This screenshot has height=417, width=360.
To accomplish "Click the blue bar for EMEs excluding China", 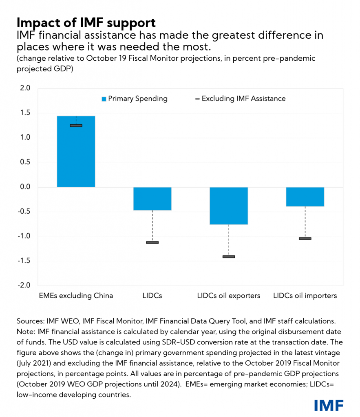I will click(76, 151).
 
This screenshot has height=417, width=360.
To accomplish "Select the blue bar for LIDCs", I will click(152, 199).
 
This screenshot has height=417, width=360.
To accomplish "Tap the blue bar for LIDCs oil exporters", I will click(228, 206).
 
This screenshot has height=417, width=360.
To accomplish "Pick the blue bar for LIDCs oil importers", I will click(305, 197).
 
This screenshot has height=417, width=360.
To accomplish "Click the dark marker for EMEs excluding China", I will click(76, 125).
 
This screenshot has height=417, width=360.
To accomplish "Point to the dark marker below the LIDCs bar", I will click(152, 242).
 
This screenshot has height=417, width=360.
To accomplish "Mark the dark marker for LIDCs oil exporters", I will click(228, 257).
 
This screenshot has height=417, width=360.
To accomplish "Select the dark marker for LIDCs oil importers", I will click(305, 238).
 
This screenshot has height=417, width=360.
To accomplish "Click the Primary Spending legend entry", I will click(135, 99).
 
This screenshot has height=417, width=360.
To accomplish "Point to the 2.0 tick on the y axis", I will click(25, 88).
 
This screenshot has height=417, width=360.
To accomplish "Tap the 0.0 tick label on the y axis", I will click(25, 187).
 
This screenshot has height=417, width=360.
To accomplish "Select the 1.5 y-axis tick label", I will click(25, 113).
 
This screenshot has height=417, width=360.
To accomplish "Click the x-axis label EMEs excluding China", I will click(76, 296).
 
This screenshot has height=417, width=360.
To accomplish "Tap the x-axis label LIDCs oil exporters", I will click(228, 296).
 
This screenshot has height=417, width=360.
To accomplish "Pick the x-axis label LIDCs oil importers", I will click(305, 296).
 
